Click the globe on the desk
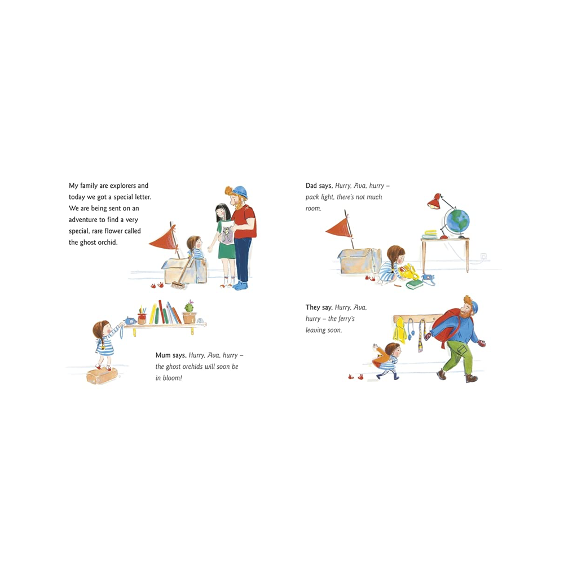(457, 221)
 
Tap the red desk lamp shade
(434, 202)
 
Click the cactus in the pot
(189, 307)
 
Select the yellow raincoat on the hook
(400, 329)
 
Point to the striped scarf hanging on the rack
(421, 336)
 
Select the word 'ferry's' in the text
(346, 319)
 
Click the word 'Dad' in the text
(311, 186)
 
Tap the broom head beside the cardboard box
(178, 285)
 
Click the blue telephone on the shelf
(129, 320)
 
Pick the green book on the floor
(415, 284)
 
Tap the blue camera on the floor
(428, 278)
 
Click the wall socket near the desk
(484, 257)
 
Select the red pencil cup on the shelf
(143, 318)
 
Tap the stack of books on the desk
(430, 234)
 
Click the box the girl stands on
(102, 375)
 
